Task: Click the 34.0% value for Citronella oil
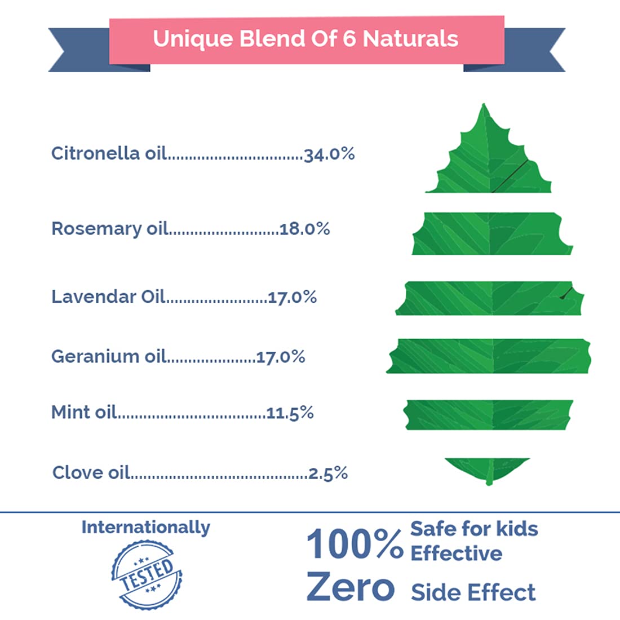pos(329,154)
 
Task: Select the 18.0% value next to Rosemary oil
pos(305,229)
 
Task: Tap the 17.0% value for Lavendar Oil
pos(292,297)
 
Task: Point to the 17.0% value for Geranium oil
pos(281,357)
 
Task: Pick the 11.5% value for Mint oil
pos(290,413)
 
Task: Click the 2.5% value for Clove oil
pos(328,473)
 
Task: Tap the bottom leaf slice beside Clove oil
pos(488,470)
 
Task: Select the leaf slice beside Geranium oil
pos(489,356)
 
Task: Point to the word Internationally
pos(145,528)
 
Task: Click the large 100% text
pos(355,544)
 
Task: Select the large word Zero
pos(350,587)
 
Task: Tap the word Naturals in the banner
pos(410,39)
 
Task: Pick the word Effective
pos(456,553)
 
